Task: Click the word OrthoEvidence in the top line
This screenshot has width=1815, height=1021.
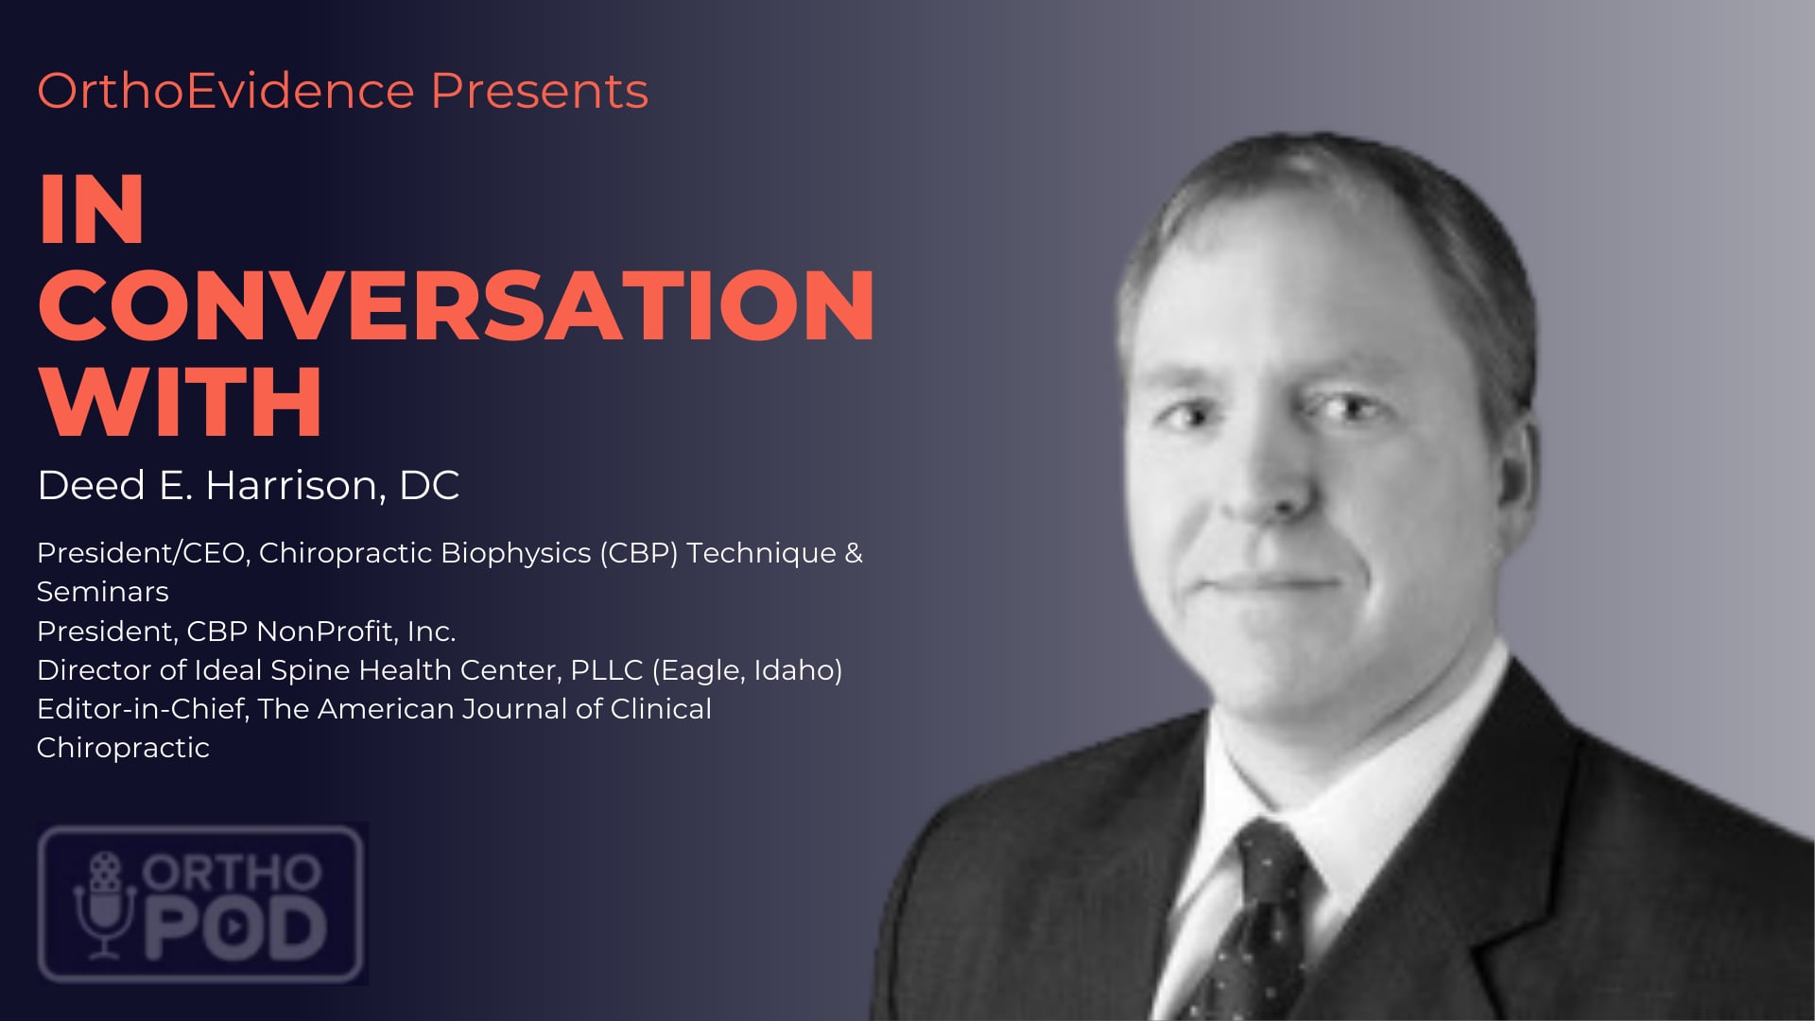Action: point(226,92)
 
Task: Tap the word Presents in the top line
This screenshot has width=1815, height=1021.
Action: point(540,92)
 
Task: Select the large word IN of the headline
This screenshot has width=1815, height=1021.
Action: point(91,209)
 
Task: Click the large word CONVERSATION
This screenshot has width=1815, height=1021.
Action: point(457,304)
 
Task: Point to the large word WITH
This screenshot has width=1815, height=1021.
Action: point(181,402)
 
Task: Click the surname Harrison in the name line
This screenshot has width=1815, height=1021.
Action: point(296,486)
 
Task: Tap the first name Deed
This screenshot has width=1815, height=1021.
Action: point(91,486)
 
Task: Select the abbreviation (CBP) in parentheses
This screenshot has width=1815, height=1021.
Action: point(638,553)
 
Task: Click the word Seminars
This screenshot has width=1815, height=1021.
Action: point(103,592)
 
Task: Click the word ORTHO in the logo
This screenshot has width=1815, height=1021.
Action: point(233,873)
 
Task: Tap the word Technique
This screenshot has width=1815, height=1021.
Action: point(761,553)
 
